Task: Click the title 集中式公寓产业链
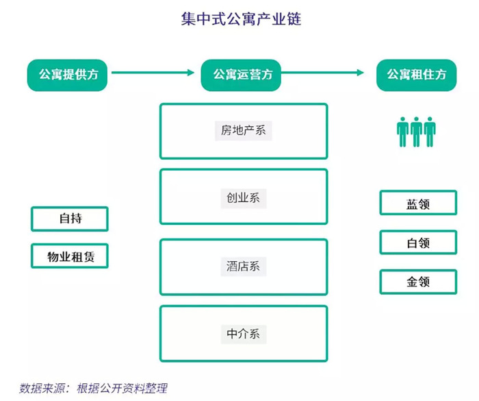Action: (241, 19)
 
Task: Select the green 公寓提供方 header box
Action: (67, 75)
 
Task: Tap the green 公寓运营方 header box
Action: (241, 75)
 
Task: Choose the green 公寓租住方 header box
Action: (416, 75)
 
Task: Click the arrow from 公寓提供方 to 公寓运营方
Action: (153, 73)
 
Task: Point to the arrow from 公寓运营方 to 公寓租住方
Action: (322, 73)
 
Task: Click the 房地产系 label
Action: (244, 131)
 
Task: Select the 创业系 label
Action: (244, 198)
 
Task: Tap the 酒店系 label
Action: (244, 266)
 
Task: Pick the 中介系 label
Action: (244, 334)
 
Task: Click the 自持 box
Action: (70, 219)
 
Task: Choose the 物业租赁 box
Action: (70, 256)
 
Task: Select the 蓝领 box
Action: (418, 203)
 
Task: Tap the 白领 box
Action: (418, 243)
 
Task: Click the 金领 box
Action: (418, 282)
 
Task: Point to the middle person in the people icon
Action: (416, 132)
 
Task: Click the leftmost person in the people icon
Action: (402, 132)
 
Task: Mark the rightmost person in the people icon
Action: (430, 132)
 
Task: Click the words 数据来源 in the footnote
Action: (42, 388)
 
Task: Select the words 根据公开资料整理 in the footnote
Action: (122, 388)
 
